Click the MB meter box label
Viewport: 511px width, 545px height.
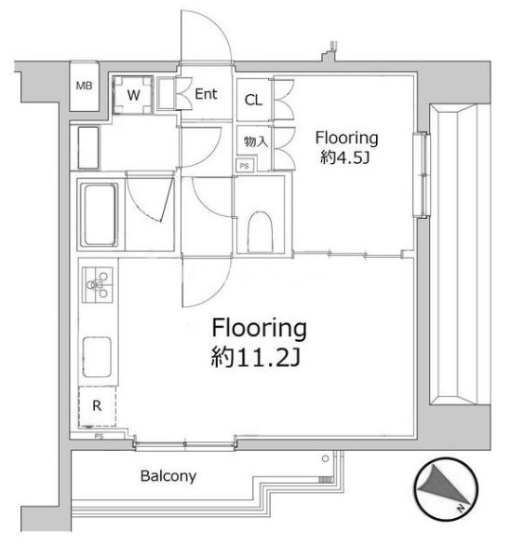[x=84, y=86]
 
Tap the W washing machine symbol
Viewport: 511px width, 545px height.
[x=132, y=95]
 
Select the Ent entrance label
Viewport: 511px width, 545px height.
[x=206, y=94]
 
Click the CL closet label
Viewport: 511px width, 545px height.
[x=253, y=100]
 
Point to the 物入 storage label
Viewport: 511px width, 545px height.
[x=256, y=142]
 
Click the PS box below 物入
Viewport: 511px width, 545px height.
[x=245, y=166]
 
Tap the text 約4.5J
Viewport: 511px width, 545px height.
[x=344, y=159]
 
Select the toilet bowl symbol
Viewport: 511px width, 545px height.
[x=260, y=232]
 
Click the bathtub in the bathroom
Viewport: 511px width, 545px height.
[x=99, y=214]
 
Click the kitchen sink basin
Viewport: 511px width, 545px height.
[x=97, y=357]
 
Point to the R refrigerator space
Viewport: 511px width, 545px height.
[x=97, y=405]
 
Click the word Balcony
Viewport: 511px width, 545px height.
[x=168, y=476]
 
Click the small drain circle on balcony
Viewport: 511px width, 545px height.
[x=325, y=458]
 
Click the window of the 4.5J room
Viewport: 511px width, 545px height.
[x=423, y=175]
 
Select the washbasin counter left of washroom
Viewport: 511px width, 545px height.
[x=88, y=148]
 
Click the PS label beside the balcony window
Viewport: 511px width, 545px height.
[x=99, y=436]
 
